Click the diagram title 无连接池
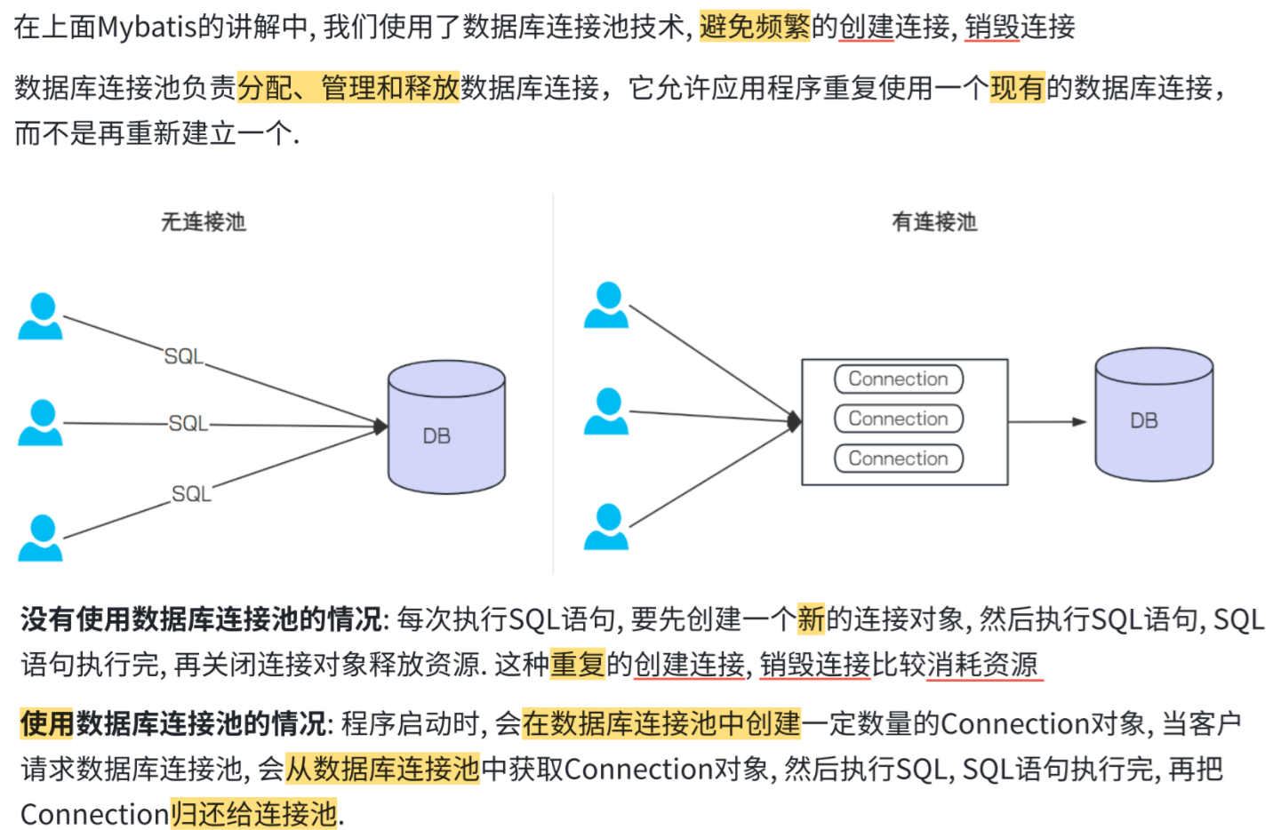click(203, 222)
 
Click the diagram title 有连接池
click(934, 222)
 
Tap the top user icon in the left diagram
click(40, 317)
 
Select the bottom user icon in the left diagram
click(40, 539)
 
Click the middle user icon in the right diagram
click(606, 411)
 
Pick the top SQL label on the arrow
click(184, 356)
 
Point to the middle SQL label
click(188, 424)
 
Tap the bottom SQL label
click(191, 494)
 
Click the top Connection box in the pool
click(899, 379)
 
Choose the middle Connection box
click(899, 419)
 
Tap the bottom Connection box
click(899, 459)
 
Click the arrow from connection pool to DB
click(1046, 422)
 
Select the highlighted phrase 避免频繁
click(755, 28)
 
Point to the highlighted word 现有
click(1017, 88)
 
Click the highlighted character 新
click(811, 619)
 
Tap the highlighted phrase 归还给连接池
click(254, 814)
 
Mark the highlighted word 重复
click(578, 664)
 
